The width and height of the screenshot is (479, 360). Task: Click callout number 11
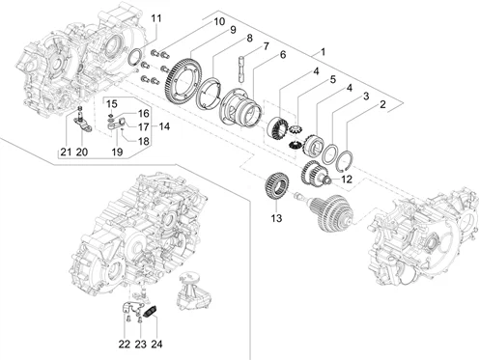point(156,18)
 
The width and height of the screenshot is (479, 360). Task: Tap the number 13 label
point(276,218)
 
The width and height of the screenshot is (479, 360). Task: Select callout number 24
point(156,344)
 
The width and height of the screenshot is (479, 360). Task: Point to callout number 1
point(323,51)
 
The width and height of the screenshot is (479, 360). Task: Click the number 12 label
point(347,180)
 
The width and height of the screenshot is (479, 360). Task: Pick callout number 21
point(66,152)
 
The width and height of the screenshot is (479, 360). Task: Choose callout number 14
point(164,126)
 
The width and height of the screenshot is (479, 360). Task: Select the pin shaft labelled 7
point(243,69)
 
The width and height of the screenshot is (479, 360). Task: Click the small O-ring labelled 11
point(134,57)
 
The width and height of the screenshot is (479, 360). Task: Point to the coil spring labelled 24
point(150,312)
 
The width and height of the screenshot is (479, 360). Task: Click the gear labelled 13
point(276,187)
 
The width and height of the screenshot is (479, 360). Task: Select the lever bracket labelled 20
point(82,124)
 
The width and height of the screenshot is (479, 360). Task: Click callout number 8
point(249,39)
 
